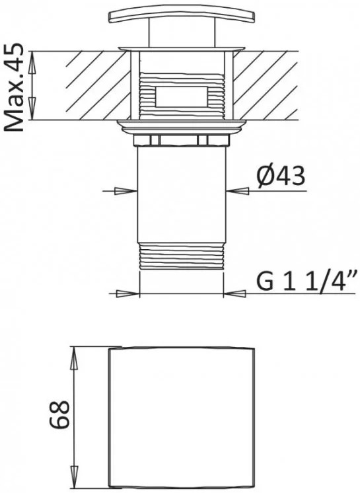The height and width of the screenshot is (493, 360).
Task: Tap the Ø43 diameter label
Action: [280, 176]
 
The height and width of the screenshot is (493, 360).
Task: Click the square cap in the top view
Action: [181, 418]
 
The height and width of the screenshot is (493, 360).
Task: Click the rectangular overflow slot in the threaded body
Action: [182, 97]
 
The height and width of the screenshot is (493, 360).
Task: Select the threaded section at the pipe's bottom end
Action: [182, 256]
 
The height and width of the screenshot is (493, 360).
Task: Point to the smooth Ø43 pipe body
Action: [182, 194]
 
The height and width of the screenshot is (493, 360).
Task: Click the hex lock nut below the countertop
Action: [182, 140]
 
